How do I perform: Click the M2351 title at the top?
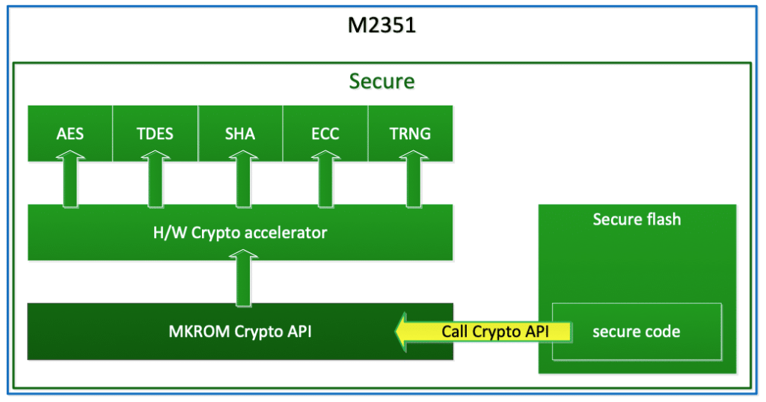pyautogui.click(x=382, y=27)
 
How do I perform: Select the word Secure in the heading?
pyautogui.click(x=382, y=80)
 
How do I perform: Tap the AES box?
pyautogui.click(x=70, y=134)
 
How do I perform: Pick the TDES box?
pyautogui.click(x=156, y=134)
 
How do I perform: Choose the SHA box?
pyautogui.click(x=240, y=134)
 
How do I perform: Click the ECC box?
pyautogui.click(x=325, y=134)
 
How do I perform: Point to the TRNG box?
pyautogui.click(x=411, y=134)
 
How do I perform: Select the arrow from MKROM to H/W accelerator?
pyautogui.click(x=241, y=280)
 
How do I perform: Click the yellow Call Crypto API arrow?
pyautogui.click(x=482, y=331)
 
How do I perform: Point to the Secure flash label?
pyautogui.click(x=637, y=219)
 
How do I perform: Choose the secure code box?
pyautogui.click(x=637, y=331)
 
